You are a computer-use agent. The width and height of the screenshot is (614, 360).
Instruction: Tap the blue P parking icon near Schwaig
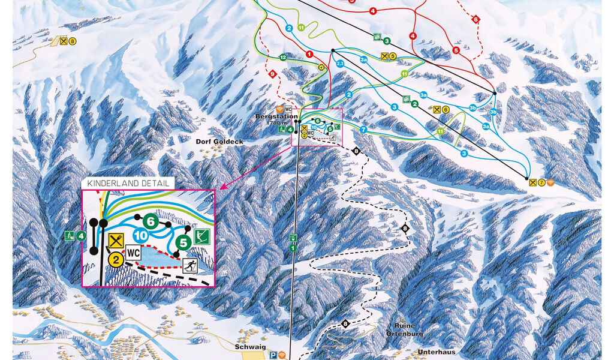tap(273, 354)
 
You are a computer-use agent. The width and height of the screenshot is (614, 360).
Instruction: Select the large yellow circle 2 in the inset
tap(116, 259)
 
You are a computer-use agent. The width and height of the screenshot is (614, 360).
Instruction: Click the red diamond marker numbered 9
tap(272, 74)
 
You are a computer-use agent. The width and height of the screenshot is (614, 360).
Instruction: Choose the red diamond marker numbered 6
tap(476, 19)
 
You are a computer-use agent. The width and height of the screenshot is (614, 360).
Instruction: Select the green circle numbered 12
tap(282, 57)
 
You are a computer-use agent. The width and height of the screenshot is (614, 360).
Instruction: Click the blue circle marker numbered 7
tap(363, 130)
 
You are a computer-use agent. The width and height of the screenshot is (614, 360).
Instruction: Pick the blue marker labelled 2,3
tap(340, 63)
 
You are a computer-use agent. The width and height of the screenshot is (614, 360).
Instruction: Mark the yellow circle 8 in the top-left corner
tap(73, 41)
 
